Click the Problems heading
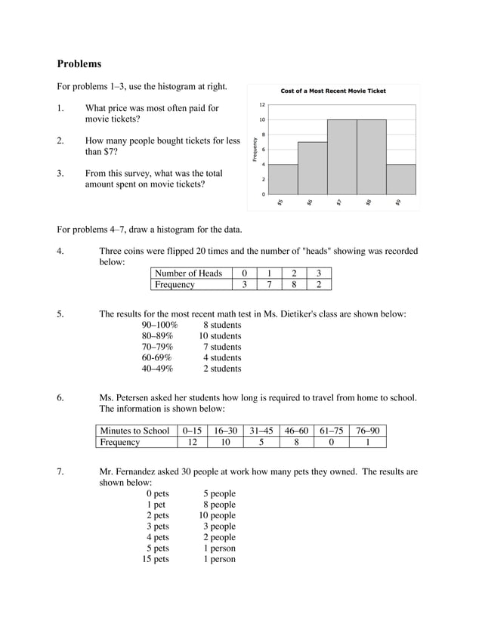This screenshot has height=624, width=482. tap(79, 64)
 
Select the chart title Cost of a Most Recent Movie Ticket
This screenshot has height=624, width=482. tap(333, 91)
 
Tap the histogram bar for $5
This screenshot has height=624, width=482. tap(283, 179)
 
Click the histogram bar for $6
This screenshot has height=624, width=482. tap(312, 168)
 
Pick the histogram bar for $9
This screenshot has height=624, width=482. tap(400, 179)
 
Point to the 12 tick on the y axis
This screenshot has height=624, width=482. tap(261, 104)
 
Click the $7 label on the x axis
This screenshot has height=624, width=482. tap(340, 202)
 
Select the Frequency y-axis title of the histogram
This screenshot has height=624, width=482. tap(255, 149)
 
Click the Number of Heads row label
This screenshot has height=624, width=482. tap(188, 273)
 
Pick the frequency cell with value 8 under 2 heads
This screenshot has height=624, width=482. tap(294, 285)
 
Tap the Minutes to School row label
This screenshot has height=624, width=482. tap(134, 431)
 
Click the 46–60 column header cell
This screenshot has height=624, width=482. tap(296, 431)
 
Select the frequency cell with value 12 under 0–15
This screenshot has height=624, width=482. tap(192, 442)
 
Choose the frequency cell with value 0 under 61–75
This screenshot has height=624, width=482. tap(331, 442)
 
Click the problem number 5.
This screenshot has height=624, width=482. tap(60, 314)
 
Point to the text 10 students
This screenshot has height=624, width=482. tap(220, 335)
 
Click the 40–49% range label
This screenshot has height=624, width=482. tap(157, 369)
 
